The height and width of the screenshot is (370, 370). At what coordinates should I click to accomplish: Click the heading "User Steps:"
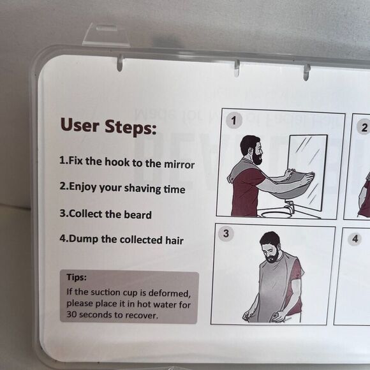tap(108, 126)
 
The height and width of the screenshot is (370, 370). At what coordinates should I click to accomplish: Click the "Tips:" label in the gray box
tap(77, 277)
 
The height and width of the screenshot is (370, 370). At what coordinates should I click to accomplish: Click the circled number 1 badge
tap(234, 121)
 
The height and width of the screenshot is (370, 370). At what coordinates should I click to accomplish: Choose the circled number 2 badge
tap(364, 128)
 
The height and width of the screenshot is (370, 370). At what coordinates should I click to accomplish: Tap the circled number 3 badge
tap(226, 233)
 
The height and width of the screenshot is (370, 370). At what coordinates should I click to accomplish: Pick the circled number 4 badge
tap(355, 239)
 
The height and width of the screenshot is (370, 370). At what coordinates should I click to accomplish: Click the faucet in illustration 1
tap(289, 206)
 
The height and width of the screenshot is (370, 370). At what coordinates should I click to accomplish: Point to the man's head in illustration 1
tap(252, 150)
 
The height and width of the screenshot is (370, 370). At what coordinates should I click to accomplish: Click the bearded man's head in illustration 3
tap(271, 247)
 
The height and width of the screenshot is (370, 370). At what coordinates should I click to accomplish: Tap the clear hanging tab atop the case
tap(106, 34)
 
